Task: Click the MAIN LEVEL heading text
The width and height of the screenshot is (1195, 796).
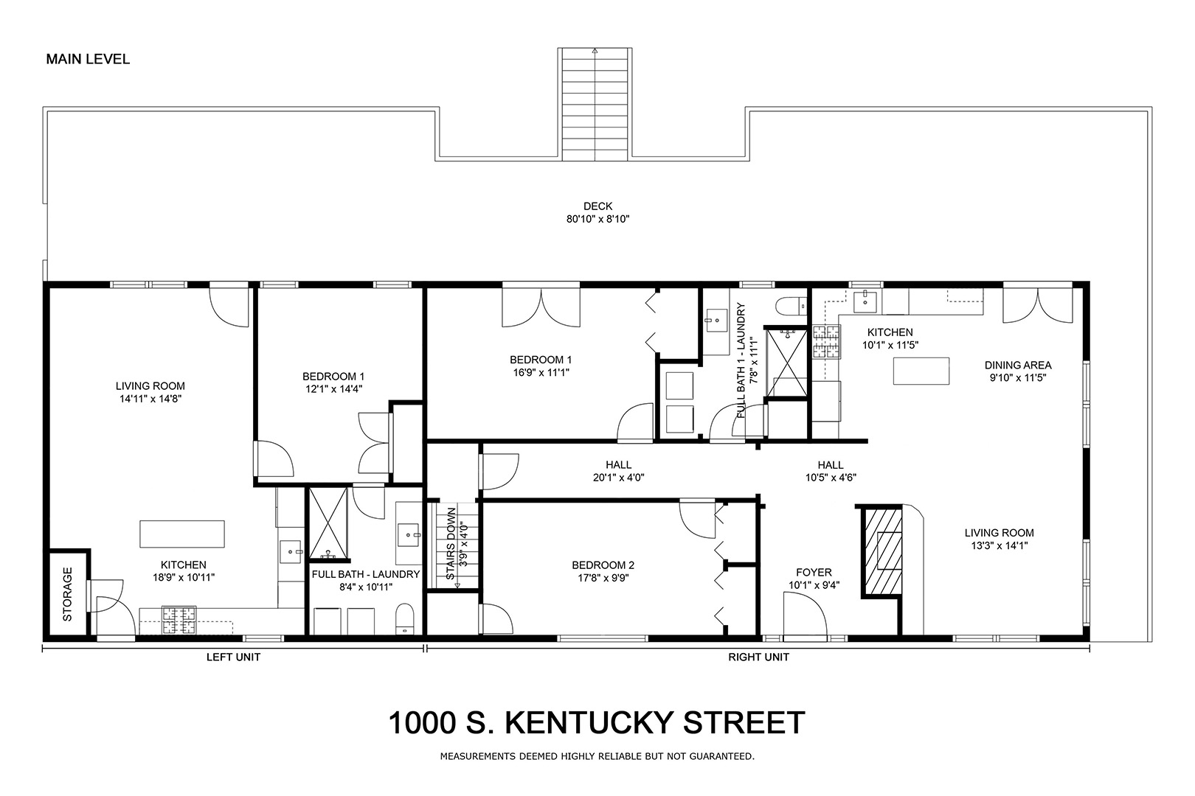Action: pos(88,59)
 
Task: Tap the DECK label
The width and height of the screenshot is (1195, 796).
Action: pos(597,206)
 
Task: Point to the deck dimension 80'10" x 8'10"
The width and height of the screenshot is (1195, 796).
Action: pos(597,219)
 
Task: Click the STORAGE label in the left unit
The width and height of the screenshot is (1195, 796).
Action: pos(68,595)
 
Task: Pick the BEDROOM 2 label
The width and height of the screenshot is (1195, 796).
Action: pos(603,565)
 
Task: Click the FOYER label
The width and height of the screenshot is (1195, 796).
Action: pos(814,573)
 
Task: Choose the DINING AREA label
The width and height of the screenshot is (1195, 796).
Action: pos(1018,366)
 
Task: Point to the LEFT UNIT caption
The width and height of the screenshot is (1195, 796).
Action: pos(233,657)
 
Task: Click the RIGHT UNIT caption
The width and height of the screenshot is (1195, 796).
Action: pos(758,657)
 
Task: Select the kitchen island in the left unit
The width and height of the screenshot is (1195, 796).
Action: pos(182,534)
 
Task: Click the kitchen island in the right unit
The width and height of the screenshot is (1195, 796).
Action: pos(921,371)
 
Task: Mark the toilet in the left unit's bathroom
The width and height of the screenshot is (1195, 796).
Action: pos(405,619)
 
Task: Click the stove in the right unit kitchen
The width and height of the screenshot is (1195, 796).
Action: pos(826,342)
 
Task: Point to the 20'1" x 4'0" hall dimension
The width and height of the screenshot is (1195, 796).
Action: pos(618,478)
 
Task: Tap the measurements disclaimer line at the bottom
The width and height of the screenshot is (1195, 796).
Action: pos(597,756)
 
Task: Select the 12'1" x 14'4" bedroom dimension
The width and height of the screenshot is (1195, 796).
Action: pos(333,389)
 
